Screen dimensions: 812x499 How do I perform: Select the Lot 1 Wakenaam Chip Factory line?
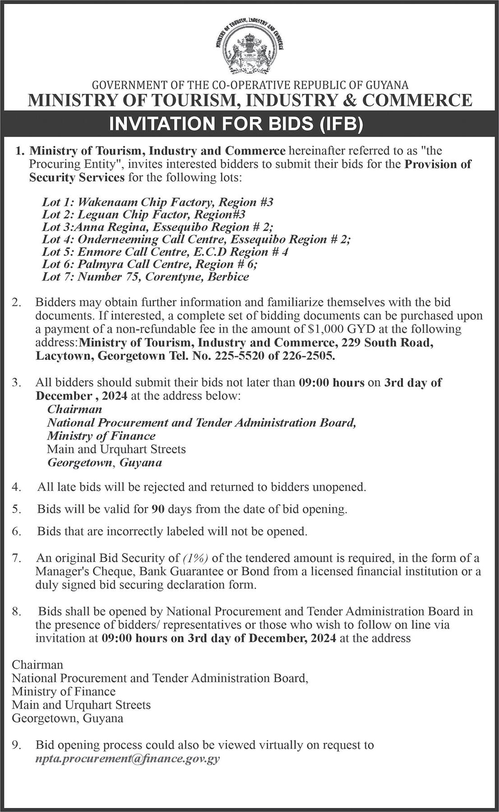pos(157,202)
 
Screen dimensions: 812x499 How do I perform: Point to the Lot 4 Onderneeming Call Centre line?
pos(196,239)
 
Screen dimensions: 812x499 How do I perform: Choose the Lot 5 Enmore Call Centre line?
pos(165,252)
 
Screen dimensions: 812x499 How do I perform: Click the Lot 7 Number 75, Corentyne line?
pos(145,277)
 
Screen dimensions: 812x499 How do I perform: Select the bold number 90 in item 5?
pos(157,509)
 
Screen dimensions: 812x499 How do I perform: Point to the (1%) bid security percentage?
pos(196,558)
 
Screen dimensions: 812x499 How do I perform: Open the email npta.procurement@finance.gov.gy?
pos(128,758)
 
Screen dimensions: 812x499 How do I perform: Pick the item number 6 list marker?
pos(17,531)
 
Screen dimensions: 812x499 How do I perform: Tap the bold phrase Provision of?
pos(438,164)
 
